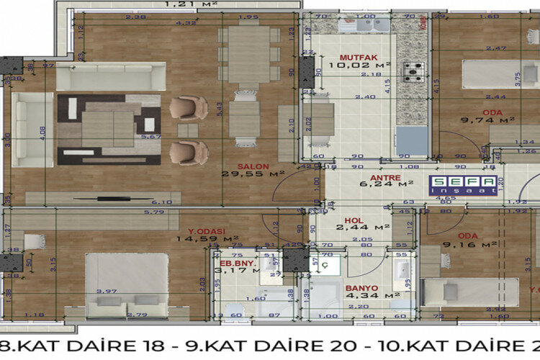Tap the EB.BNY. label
pos(235,264)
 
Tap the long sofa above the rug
pos(111,76)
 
